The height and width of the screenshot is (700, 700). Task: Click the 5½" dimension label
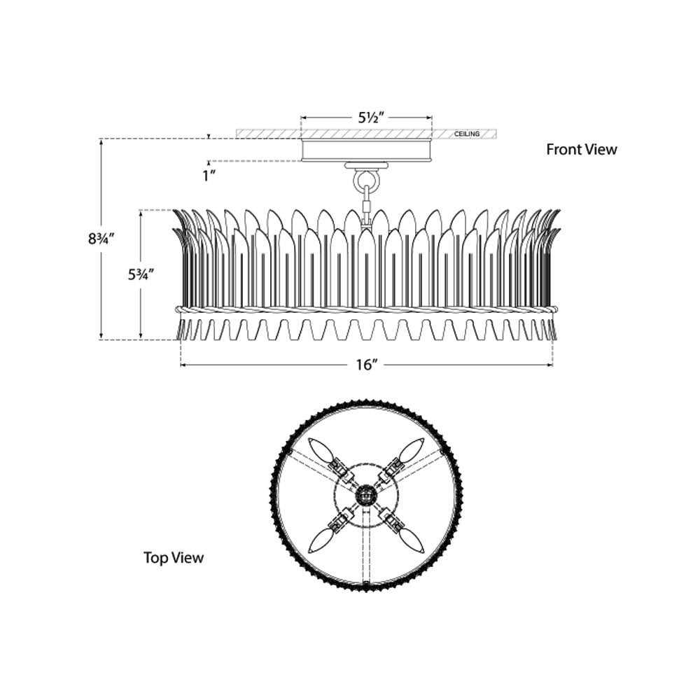tap(371, 118)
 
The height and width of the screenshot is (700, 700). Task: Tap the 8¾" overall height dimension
tap(101, 239)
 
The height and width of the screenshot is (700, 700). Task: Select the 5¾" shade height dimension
tap(141, 274)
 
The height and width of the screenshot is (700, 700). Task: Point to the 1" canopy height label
tap(209, 176)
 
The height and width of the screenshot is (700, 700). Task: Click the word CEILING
tap(467, 134)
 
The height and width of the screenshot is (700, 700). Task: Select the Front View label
tap(581, 149)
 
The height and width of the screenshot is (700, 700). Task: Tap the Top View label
tap(173, 557)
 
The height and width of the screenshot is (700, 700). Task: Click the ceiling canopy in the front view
tap(367, 150)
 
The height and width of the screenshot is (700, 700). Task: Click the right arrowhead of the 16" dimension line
tap(550, 365)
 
